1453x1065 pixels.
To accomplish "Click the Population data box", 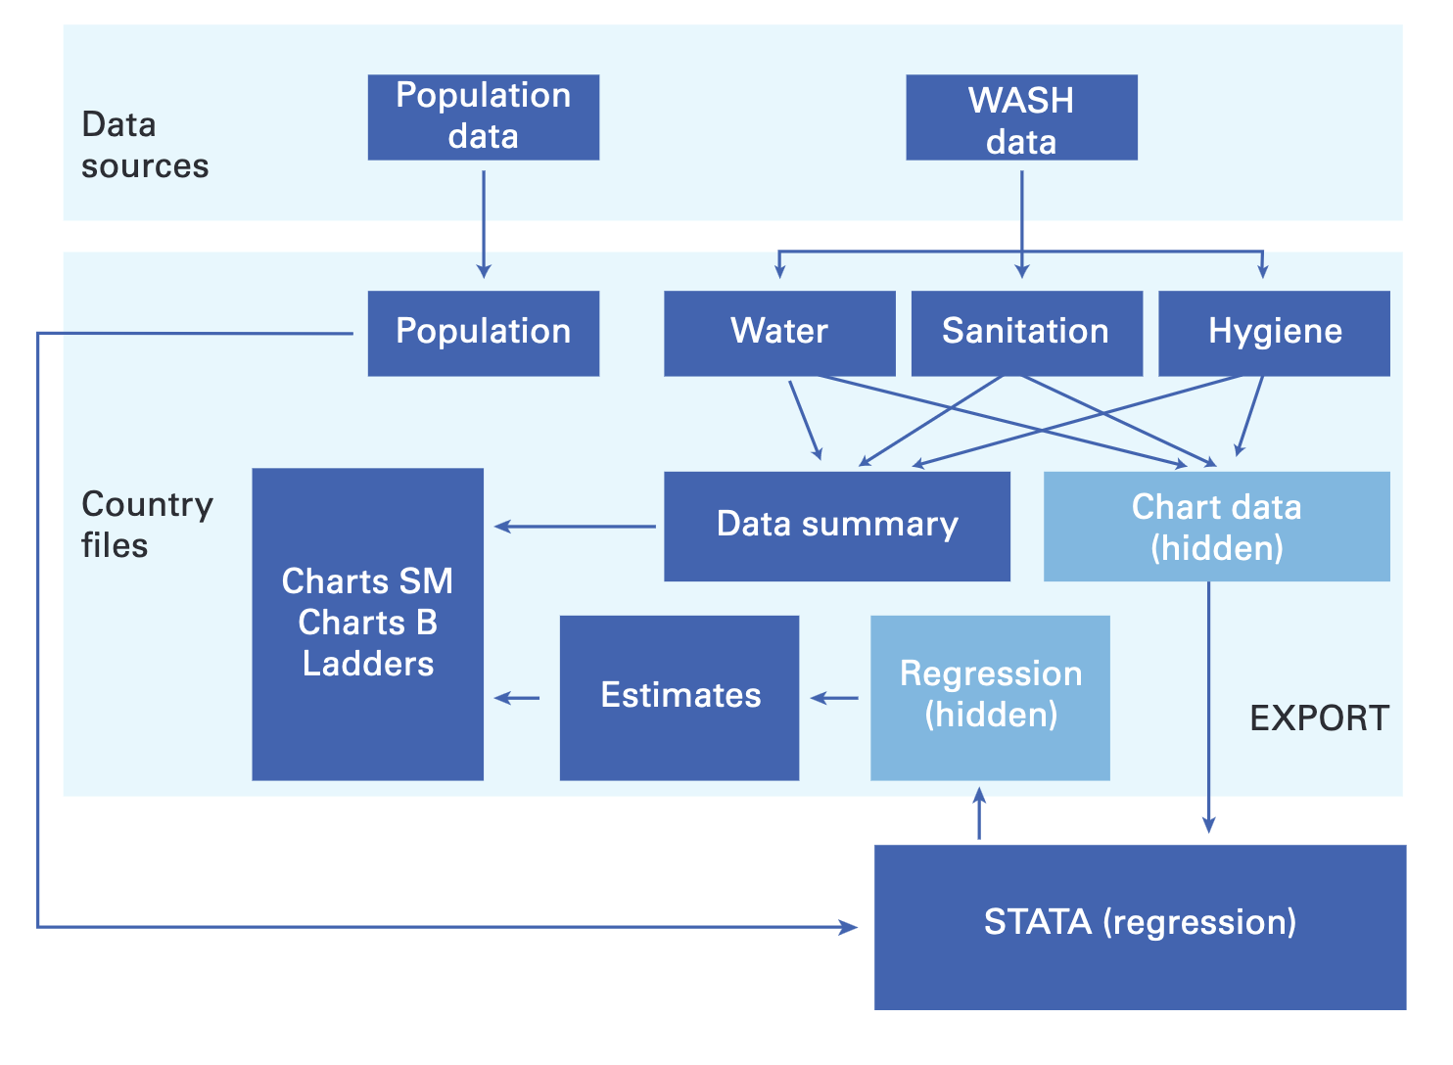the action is click(484, 117).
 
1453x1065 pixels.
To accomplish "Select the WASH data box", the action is click(1021, 117).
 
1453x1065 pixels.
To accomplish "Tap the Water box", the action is click(779, 334).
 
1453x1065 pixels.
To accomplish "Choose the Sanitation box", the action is click(1027, 334).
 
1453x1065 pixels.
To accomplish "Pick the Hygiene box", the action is click(1274, 334).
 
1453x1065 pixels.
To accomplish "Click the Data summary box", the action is click(837, 526).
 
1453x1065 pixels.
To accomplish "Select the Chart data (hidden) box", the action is click(1217, 526).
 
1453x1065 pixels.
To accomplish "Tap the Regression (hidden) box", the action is click(990, 698).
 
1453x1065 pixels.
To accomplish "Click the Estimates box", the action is click(680, 698).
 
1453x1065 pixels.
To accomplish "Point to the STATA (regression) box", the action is click(1141, 927).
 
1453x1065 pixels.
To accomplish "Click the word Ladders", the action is click(368, 664).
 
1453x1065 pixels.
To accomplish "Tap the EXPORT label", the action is click(1320, 718).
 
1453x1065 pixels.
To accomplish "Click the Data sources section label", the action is click(145, 145).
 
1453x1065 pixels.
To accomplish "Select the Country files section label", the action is click(147, 524).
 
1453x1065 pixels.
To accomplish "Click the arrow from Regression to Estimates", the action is click(834, 698).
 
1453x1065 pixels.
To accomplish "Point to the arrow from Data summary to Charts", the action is click(575, 526).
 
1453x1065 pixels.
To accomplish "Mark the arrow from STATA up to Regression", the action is click(979, 813).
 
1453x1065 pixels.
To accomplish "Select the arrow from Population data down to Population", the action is click(484, 224).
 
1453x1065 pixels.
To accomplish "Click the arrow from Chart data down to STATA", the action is click(1208, 707).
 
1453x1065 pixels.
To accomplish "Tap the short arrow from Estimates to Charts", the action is click(516, 698).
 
